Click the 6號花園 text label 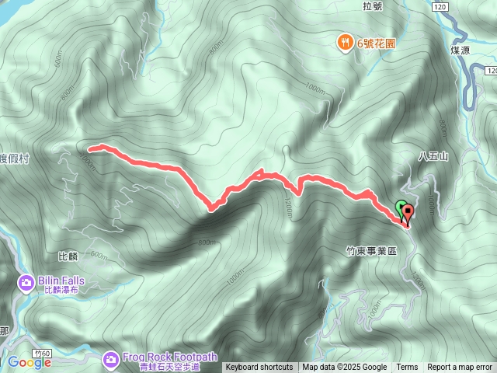[376, 44]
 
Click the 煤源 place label [461, 50]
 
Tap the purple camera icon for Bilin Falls [26, 281]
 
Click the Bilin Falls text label [64, 281]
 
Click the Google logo [30, 362]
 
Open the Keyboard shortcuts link [259, 368]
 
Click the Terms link [407, 368]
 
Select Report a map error [460, 368]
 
